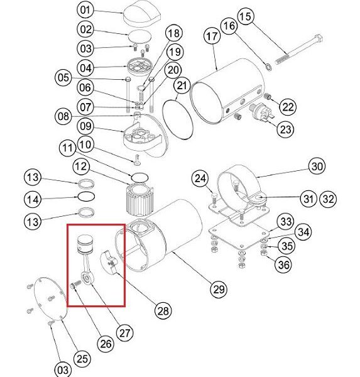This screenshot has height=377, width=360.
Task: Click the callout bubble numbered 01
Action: [x=85, y=10]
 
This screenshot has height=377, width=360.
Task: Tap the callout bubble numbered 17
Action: [x=212, y=36]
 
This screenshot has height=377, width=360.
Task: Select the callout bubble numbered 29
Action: [x=219, y=289]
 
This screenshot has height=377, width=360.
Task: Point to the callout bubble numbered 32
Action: [x=328, y=199]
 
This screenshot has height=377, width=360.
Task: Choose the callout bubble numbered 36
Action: [x=283, y=265]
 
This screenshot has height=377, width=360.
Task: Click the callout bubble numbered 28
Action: [x=163, y=310]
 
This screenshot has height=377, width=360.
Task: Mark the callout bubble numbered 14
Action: [x=33, y=199]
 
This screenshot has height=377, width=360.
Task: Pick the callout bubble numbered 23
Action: [x=285, y=129]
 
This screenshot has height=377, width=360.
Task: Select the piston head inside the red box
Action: [x=85, y=244]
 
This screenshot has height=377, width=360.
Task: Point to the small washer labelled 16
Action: [x=268, y=67]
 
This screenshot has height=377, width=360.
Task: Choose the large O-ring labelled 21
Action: [x=178, y=119]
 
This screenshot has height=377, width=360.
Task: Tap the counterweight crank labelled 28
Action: [x=109, y=262]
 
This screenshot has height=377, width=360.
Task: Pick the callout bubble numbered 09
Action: [x=85, y=126]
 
